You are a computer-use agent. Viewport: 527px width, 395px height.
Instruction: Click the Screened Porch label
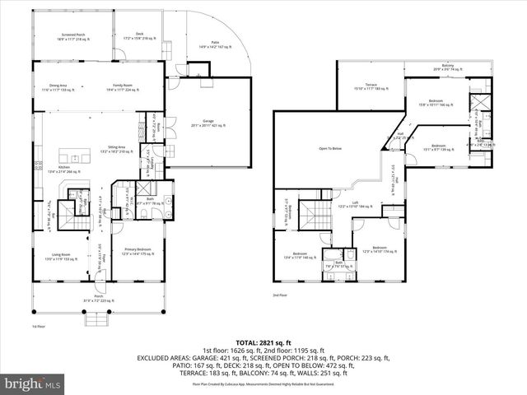[72, 36]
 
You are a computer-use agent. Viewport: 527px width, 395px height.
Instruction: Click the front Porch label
[98, 301]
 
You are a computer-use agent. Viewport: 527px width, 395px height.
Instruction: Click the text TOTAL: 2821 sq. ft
[263, 342]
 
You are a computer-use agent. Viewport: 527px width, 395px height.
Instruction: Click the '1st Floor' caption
[37, 327]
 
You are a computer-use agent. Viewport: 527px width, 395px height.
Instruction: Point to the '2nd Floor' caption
[280, 295]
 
